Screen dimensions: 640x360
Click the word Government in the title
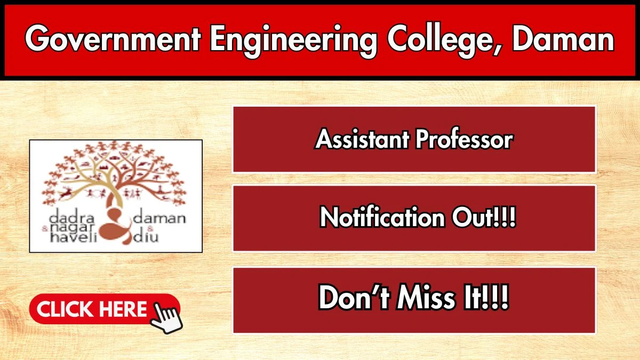tap(113, 38)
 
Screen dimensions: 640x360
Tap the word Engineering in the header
tap(294, 41)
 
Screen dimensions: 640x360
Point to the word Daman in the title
tap(563, 38)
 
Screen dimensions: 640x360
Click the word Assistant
tap(362, 139)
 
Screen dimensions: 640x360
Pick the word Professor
tap(464, 139)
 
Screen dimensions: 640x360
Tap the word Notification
tap(382, 217)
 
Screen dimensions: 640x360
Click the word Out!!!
tap(484, 217)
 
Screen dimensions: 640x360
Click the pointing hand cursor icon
tap(166, 318)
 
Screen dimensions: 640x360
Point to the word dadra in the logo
tap(71, 218)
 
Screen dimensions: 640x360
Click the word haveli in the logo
tap(74, 237)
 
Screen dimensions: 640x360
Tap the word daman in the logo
tap(159, 218)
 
